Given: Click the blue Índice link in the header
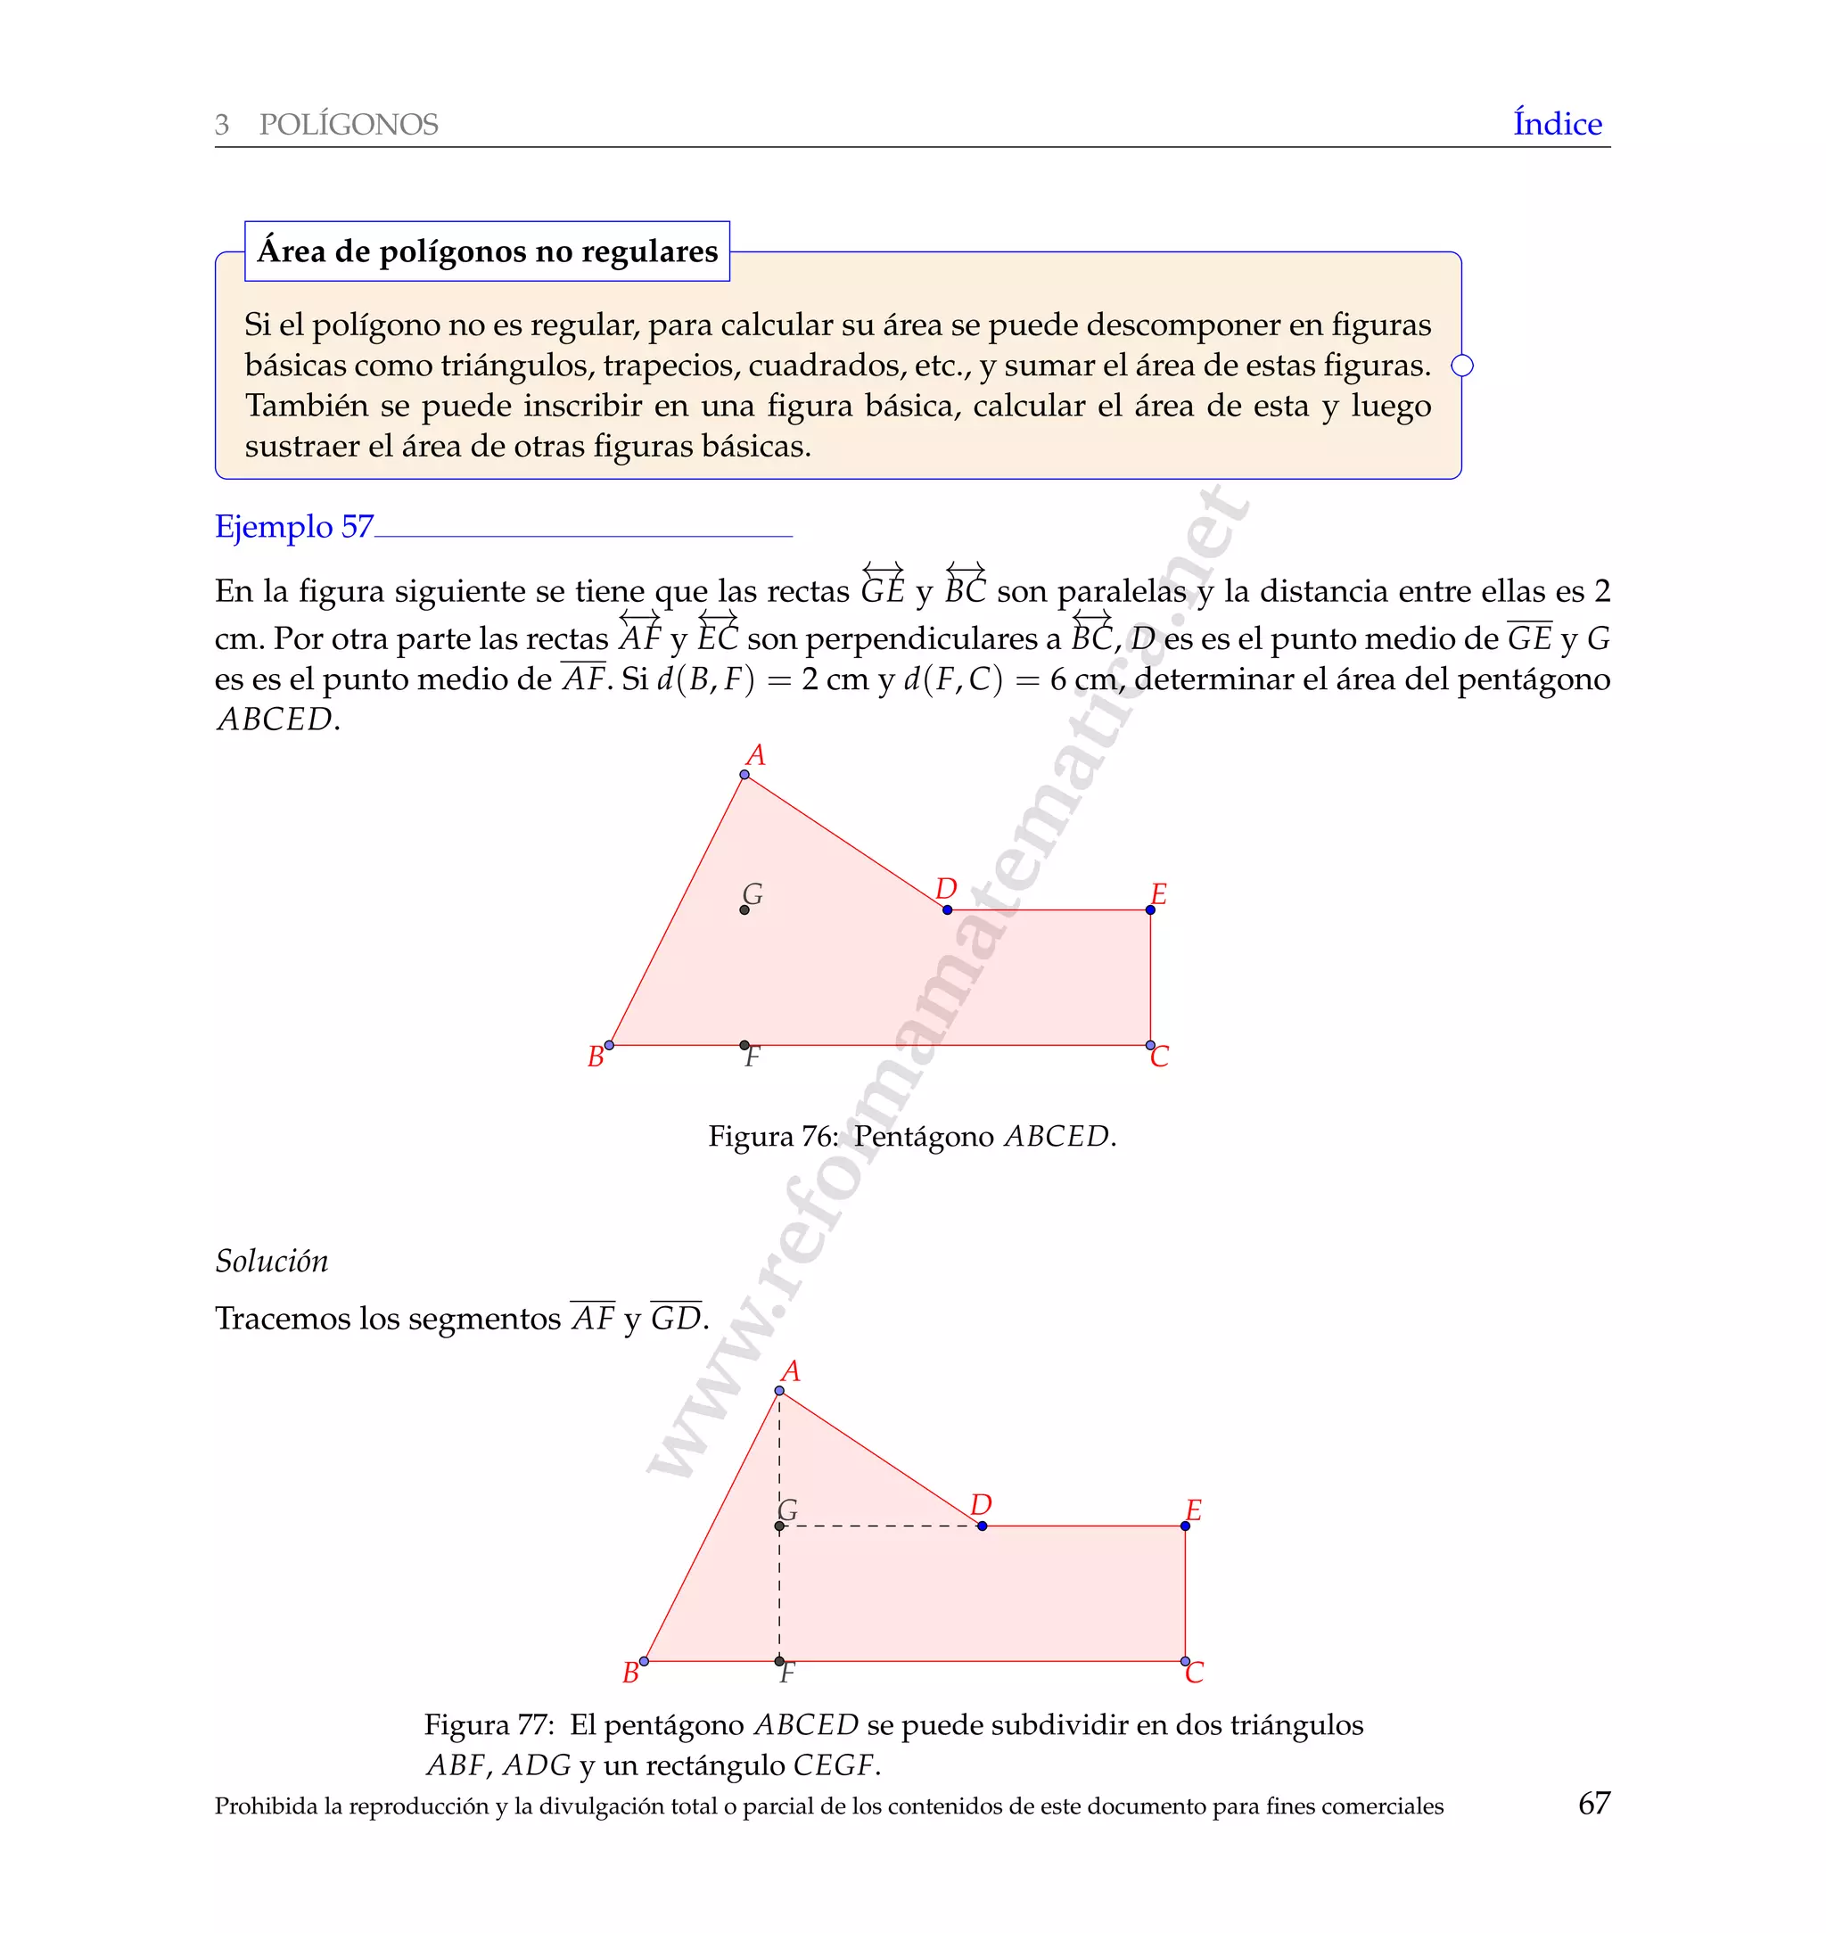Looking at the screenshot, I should (x=1557, y=124).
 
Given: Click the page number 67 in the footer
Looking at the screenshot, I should (x=1593, y=1803).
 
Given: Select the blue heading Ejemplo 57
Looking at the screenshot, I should (x=294, y=527).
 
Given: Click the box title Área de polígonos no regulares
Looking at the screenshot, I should (x=487, y=251).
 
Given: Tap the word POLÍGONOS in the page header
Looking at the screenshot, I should (x=349, y=125).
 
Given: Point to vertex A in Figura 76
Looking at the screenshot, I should (x=744, y=775).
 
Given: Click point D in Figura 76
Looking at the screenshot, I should (x=947, y=910).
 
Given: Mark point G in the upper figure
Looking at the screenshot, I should (x=744, y=910).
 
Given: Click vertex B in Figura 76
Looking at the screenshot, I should (x=609, y=1045).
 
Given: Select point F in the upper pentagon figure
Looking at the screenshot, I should (x=744, y=1045).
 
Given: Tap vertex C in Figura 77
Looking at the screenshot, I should (x=1185, y=1661).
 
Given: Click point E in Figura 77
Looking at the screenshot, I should (x=1185, y=1526).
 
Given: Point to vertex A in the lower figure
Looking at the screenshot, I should (x=779, y=1391).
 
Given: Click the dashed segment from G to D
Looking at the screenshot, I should (x=881, y=1526).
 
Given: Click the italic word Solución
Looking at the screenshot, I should (x=272, y=1262).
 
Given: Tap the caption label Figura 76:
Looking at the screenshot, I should (x=773, y=1137).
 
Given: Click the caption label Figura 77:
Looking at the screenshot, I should (x=489, y=1724).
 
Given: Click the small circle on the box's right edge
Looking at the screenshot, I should (x=1462, y=366).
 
